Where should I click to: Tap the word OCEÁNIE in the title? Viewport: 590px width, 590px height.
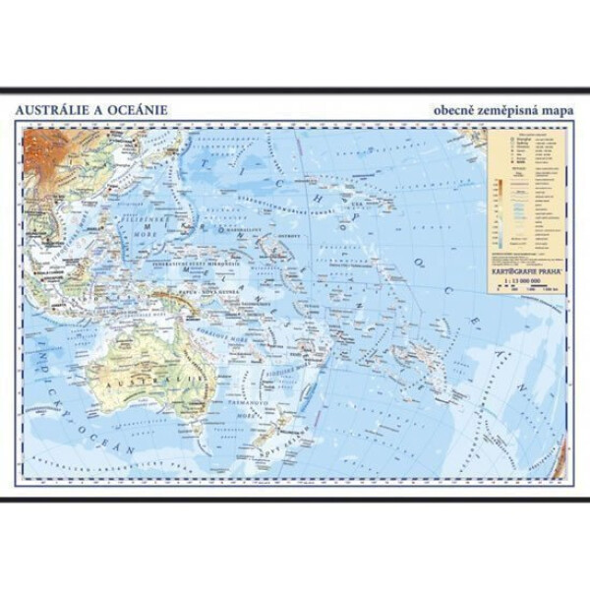click(136, 109)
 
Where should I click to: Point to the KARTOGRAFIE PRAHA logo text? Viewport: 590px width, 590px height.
click(523, 252)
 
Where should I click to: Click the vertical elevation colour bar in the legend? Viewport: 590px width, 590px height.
click(500, 197)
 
